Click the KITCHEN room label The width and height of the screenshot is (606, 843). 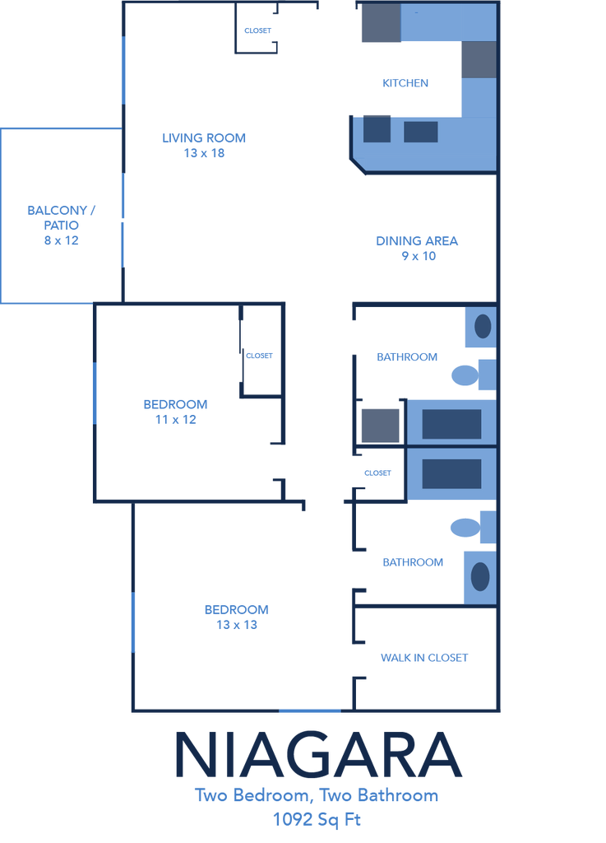pyautogui.click(x=405, y=83)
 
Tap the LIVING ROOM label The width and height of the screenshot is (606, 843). pyautogui.click(x=204, y=138)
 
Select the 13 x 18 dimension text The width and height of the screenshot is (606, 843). pyautogui.click(x=204, y=153)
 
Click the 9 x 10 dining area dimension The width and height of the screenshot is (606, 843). pyautogui.click(x=419, y=257)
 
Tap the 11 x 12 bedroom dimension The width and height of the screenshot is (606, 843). pyautogui.click(x=175, y=420)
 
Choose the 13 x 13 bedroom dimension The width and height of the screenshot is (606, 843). pyautogui.click(x=237, y=626)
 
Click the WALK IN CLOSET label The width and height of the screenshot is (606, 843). pyautogui.click(x=424, y=658)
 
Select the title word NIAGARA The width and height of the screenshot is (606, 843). pyautogui.click(x=317, y=754)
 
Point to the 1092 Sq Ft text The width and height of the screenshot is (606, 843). pyautogui.click(x=317, y=820)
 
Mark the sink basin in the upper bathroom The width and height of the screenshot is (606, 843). pyautogui.click(x=483, y=326)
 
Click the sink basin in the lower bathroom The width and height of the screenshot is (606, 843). pyautogui.click(x=480, y=577)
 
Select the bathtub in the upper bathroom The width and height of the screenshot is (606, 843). pyautogui.click(x=451, y=424)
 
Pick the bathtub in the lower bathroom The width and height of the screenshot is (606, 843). pyautogui.click(x=451, y=473)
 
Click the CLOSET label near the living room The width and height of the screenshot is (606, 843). pyautogui.click(x=257, y=30)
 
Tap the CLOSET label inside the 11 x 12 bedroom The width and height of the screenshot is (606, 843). pyautogui.click(x=259, y=356)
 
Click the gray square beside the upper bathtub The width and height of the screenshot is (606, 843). pyautogui.click(x=380, y=426)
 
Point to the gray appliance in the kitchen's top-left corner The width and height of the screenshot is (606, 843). pyautogui.click(x=381, y=23)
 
